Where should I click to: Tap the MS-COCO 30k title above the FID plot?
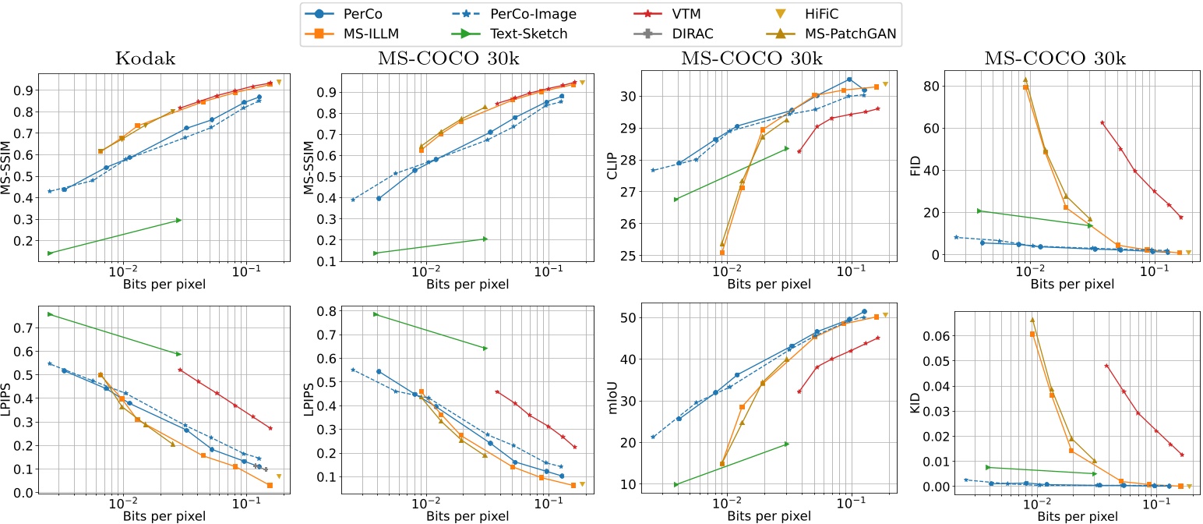1037,59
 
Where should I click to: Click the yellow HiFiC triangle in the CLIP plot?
885,84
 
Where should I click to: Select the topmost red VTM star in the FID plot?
1102,122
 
